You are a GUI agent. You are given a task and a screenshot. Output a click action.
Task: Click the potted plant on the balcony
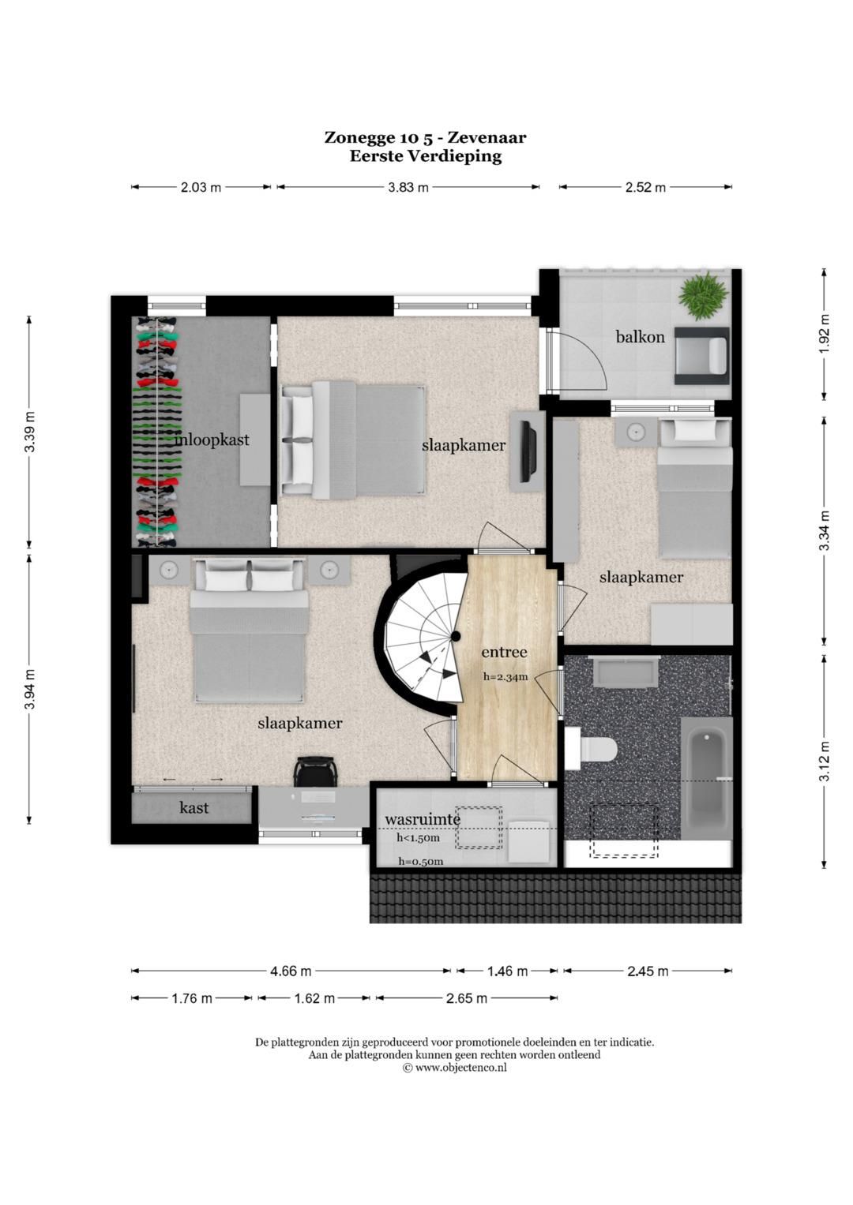(703, 295)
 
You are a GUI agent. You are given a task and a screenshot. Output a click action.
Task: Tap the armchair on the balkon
(702, 356)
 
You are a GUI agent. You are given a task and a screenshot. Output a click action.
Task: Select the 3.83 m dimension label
(408, 187)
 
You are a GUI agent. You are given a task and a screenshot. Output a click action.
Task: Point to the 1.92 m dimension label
(824, 334)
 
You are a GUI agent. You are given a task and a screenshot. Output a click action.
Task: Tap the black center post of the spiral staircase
(456, 637)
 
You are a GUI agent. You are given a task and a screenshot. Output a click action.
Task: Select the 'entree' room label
(504, 653)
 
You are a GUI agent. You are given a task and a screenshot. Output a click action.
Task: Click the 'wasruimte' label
(423, 819)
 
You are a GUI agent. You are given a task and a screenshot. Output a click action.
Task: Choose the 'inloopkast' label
(212, 440)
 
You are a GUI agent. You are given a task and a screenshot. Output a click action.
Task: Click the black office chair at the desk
(315, 772)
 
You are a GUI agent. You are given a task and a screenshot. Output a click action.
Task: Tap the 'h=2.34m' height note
(505, 677)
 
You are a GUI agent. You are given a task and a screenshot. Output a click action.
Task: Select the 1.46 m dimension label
(507, 971)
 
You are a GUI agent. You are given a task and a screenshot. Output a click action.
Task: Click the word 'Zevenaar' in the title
(487, 138)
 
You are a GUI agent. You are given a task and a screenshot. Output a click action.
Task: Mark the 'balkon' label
(641, 337)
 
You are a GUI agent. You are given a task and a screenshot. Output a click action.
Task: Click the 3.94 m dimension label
(30, 690)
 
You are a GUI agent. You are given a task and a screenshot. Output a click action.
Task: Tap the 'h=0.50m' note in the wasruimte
(420, 861)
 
